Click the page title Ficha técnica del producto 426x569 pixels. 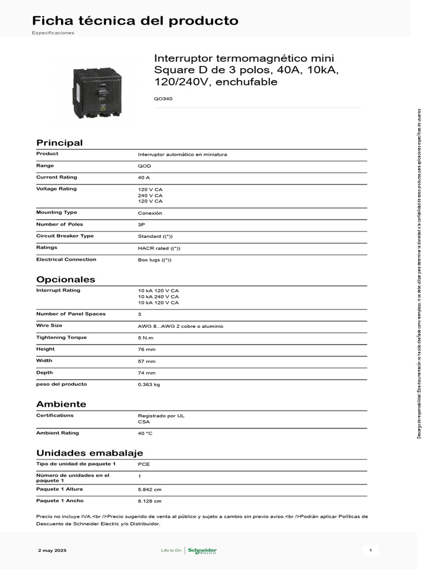point(135,21)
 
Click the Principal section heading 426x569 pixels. point(59,143)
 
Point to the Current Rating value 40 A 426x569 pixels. point(144,178)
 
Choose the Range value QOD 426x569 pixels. point(144,166)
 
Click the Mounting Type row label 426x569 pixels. point(57,212)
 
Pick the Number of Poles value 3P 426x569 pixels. point(141,225)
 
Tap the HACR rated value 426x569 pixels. point(159,248)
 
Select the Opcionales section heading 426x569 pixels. point(65,279)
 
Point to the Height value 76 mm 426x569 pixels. point(146,350)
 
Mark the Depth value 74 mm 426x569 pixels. point(146,373)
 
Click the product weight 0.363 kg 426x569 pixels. point(149,385)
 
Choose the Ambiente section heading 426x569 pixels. point(61,404)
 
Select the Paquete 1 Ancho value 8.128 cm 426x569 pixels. point(150,501)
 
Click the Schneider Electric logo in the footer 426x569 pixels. point(202,551)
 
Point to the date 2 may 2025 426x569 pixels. point(52,551)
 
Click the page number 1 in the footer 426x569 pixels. point(371,551)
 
